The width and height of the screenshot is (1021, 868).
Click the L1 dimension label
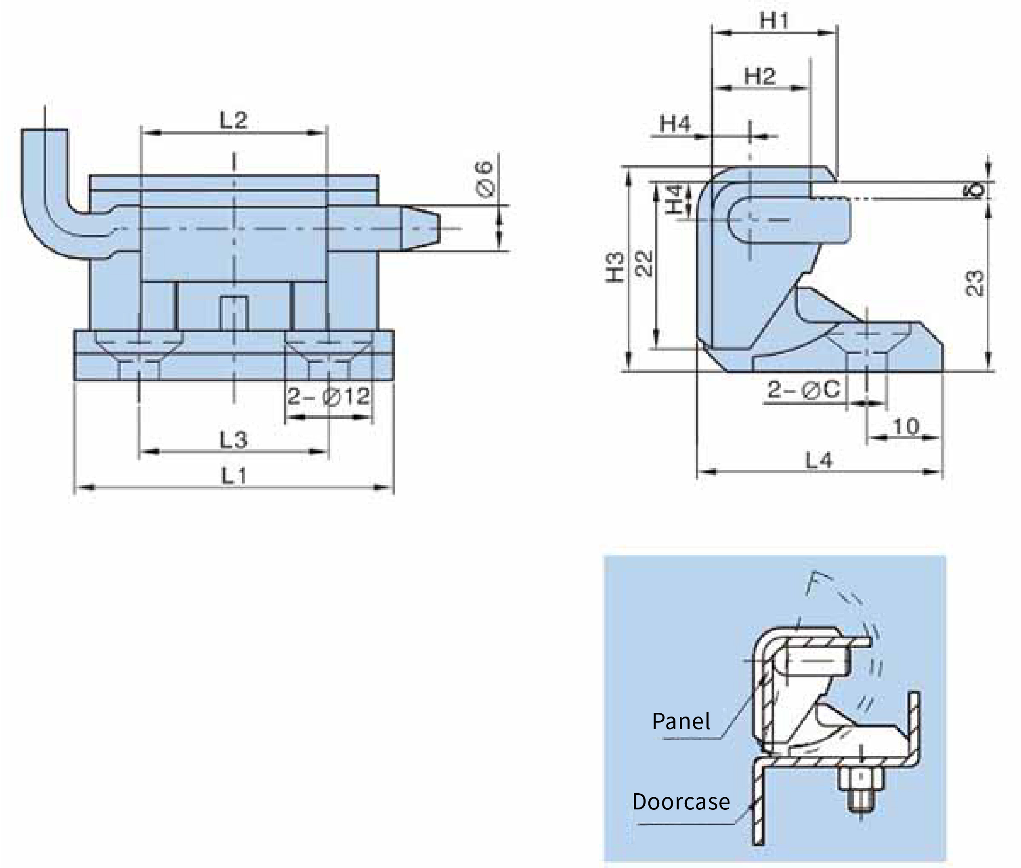[x=234, y=476]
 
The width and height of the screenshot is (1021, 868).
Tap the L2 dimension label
[x=234, y=120]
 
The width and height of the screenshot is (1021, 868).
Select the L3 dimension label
[x=234, y=439]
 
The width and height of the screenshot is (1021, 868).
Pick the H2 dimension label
[x=760, y=76]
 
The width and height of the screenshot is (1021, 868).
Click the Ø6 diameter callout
[x=484, y=178]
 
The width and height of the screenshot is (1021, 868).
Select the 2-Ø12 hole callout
[x=329, y=396]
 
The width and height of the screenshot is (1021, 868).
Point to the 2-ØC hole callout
[x=804, y=390]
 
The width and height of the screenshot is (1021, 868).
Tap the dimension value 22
[x=643, y=263]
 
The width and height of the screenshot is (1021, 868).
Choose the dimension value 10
[x=905, y=426]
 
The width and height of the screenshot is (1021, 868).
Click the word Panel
[x=681, y=721]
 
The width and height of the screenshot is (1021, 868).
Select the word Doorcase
[x=681, y=802]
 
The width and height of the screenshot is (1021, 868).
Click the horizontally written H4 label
[x=675, y=124]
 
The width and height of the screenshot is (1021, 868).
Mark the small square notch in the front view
[x=234, y=313]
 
